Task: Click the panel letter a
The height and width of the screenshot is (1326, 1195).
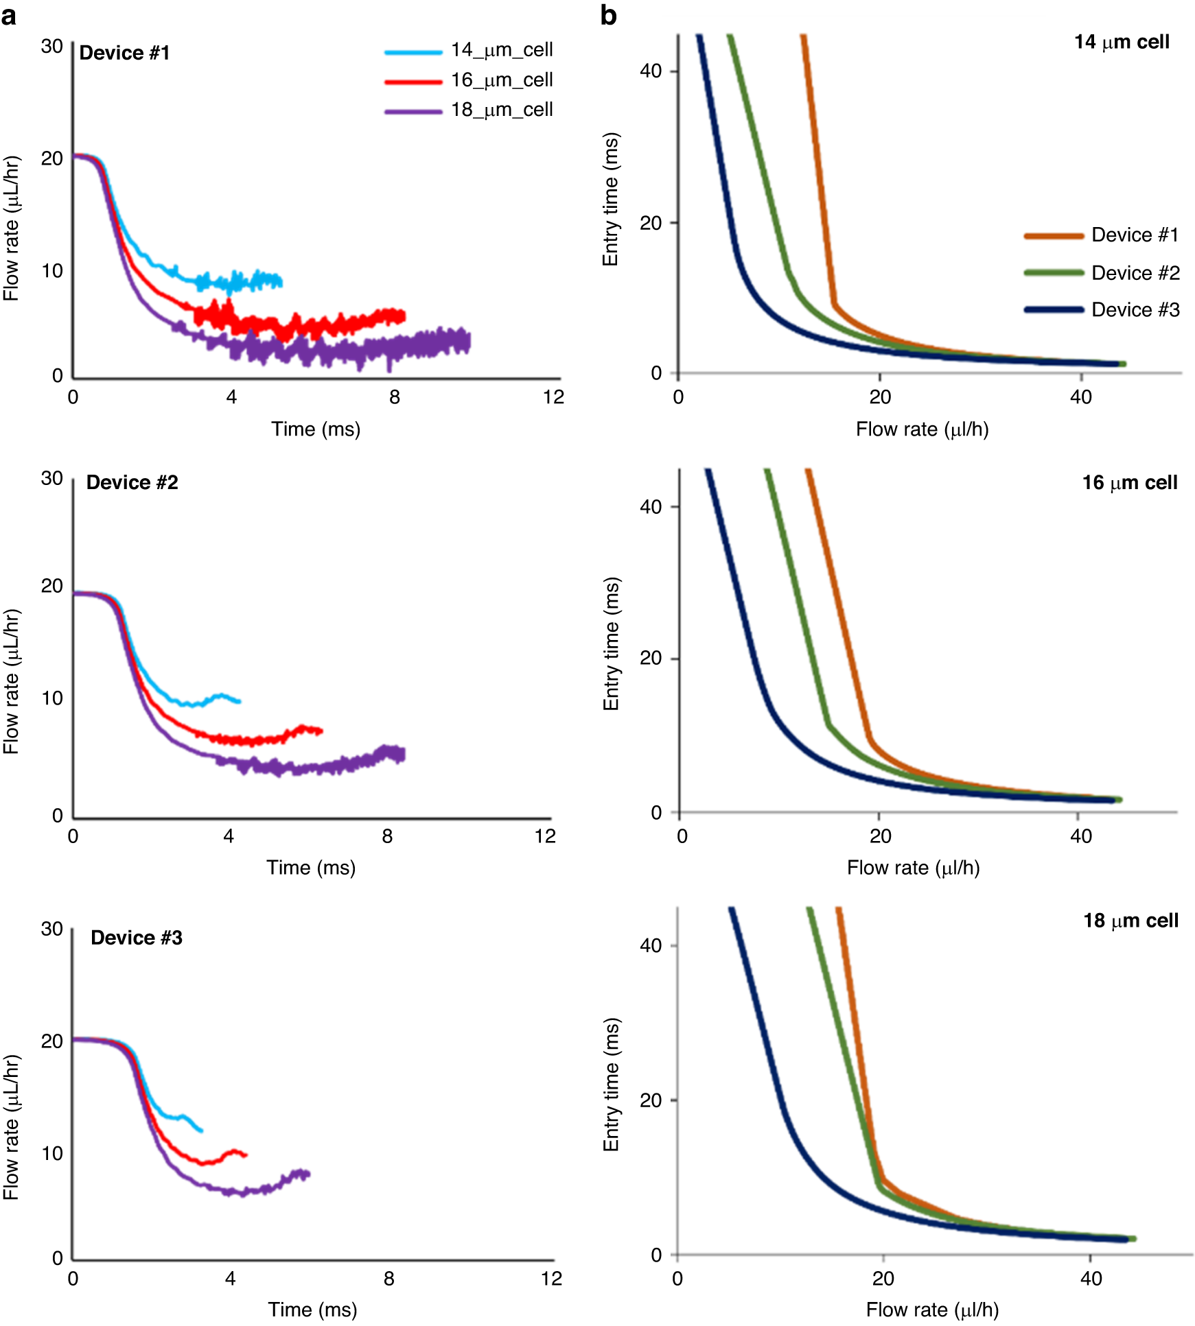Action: click(9, 15)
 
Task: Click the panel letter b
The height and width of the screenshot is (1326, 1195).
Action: click(608, 15)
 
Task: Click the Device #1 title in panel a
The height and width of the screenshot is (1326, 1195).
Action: click(124, 53)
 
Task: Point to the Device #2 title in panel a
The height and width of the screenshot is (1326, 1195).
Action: click(132, 482)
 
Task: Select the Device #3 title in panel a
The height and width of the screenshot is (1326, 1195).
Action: click(137, 938)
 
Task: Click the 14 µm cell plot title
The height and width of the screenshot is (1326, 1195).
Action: click(1122, 43)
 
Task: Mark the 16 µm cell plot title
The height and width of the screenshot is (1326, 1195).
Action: click(1129, 483)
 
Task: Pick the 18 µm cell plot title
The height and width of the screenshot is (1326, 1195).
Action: click(1130, 921)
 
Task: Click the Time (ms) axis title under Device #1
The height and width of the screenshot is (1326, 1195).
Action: click(316, 429)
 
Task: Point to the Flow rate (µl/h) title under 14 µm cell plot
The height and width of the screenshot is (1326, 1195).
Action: click(922, 429)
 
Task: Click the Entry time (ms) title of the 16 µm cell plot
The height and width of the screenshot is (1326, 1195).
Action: click(611, 643)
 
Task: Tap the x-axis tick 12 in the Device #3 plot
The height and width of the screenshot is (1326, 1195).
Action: click(551, 1279)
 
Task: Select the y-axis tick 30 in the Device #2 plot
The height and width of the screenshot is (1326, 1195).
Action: click(52, 479)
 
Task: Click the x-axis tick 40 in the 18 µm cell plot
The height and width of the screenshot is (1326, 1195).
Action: click(1091, 1279)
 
